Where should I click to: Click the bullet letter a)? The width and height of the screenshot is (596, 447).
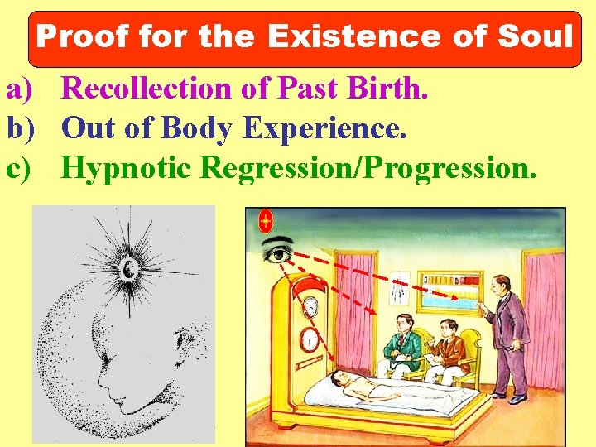19,88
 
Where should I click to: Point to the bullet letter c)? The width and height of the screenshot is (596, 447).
19,168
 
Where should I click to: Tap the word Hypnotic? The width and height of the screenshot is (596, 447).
127,168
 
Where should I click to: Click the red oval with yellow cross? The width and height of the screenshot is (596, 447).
266,221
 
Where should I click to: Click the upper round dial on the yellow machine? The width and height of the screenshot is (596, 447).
309,306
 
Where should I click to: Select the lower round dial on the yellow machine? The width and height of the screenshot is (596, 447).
308,339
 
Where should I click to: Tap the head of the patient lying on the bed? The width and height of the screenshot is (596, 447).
336,378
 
